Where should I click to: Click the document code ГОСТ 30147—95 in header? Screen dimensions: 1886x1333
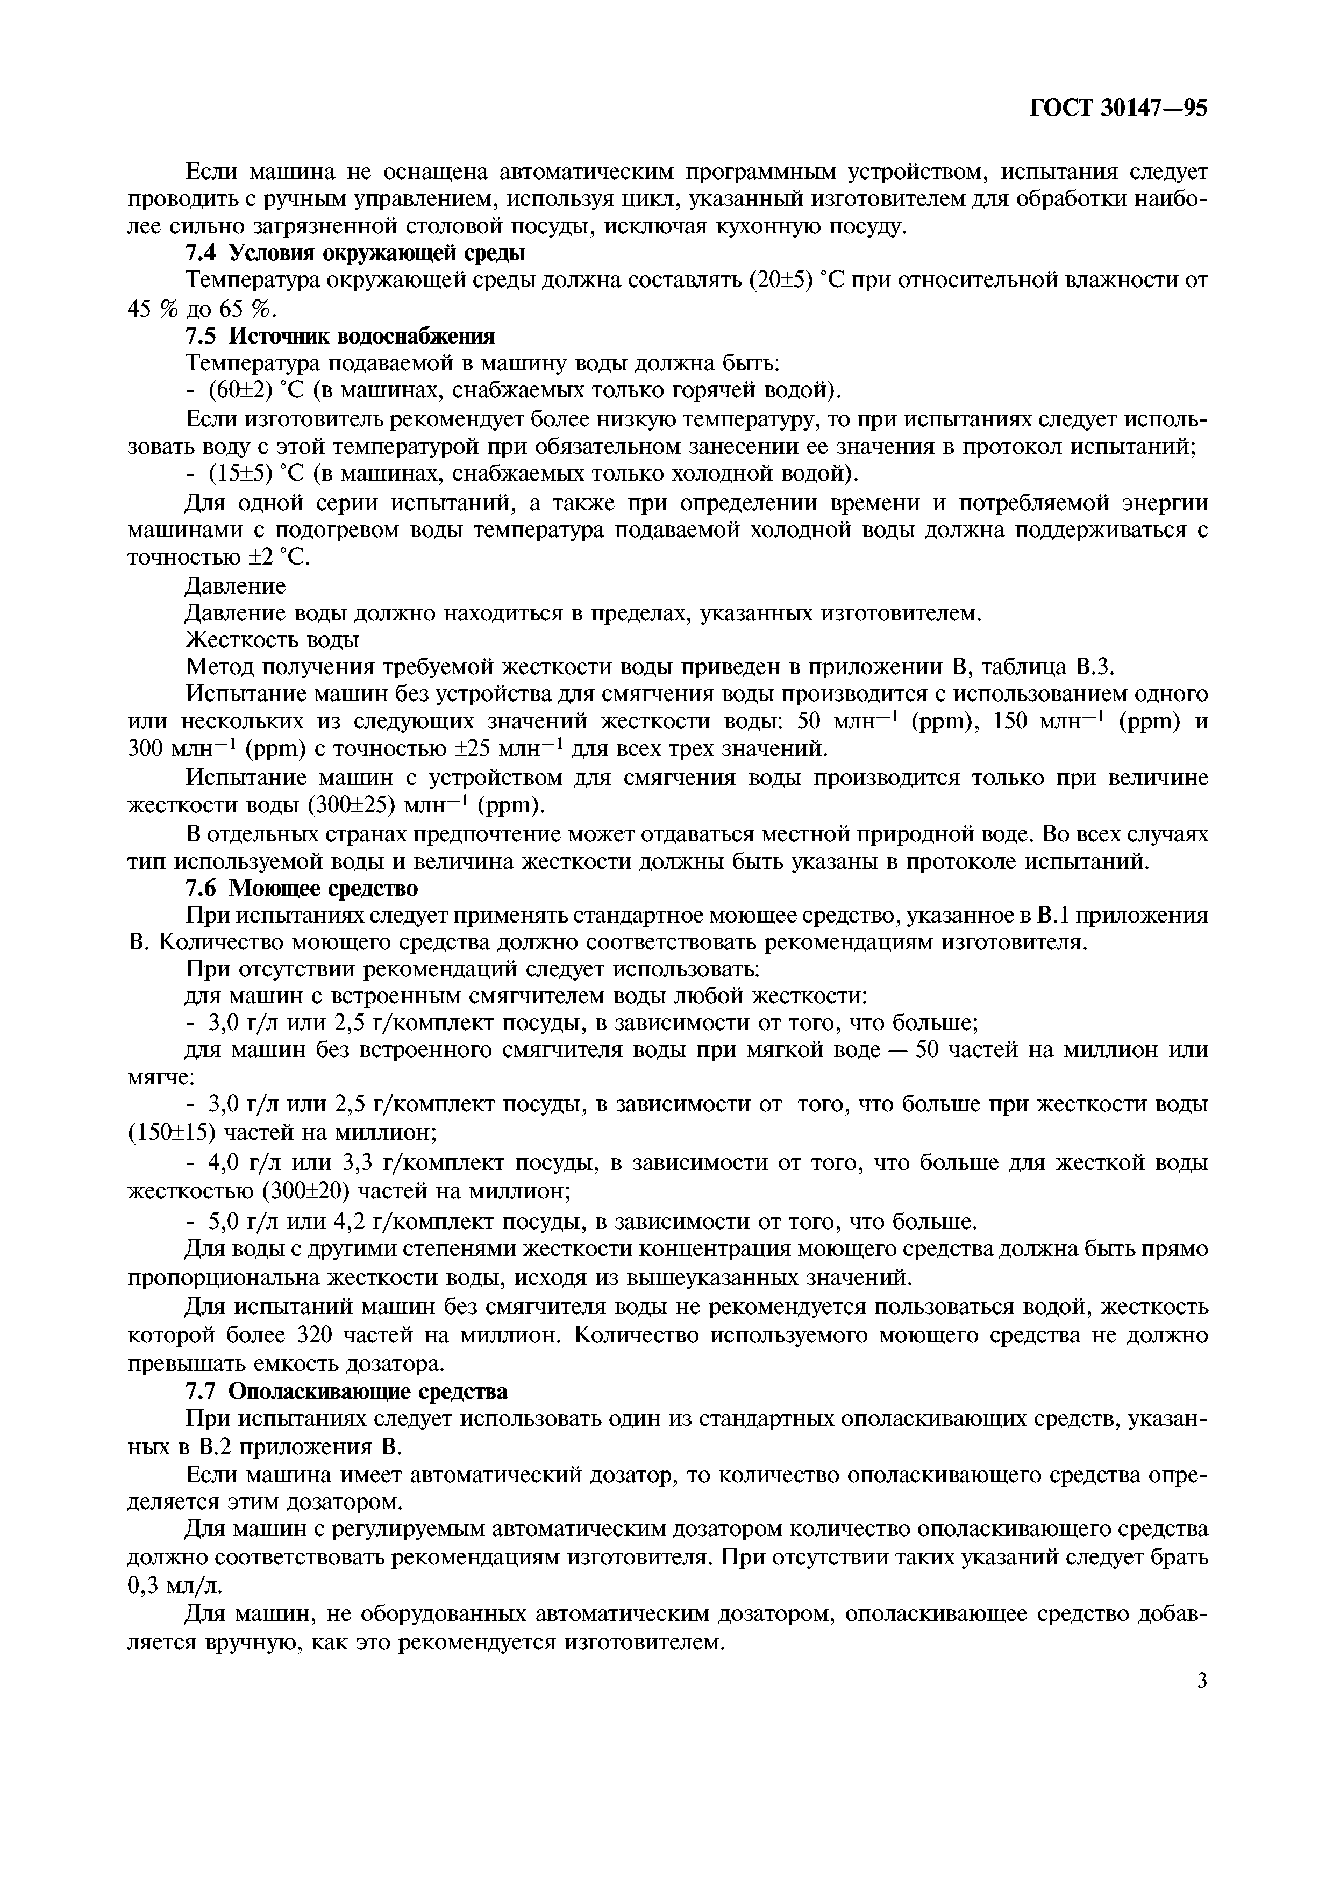pos(1118,109)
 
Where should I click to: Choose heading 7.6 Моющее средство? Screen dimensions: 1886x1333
pos(302,888)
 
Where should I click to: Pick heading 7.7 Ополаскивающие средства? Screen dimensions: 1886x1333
pos(346,1391)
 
